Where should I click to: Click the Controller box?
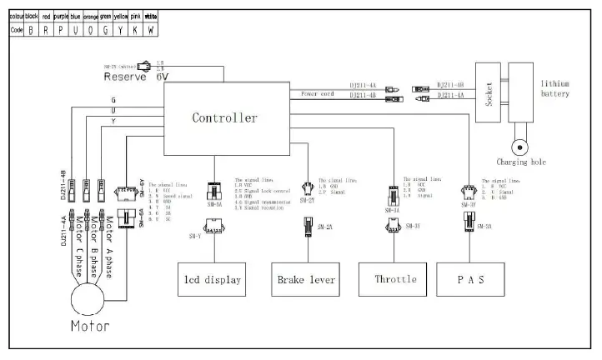pos(225,117)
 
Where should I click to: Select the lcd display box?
pos(213,279)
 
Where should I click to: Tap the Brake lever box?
pos(306,279)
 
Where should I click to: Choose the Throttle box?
pos(396,279)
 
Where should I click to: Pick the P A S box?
pos(471,279)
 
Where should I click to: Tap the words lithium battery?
pos(554,88)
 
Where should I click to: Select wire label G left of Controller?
pos(113,101)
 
